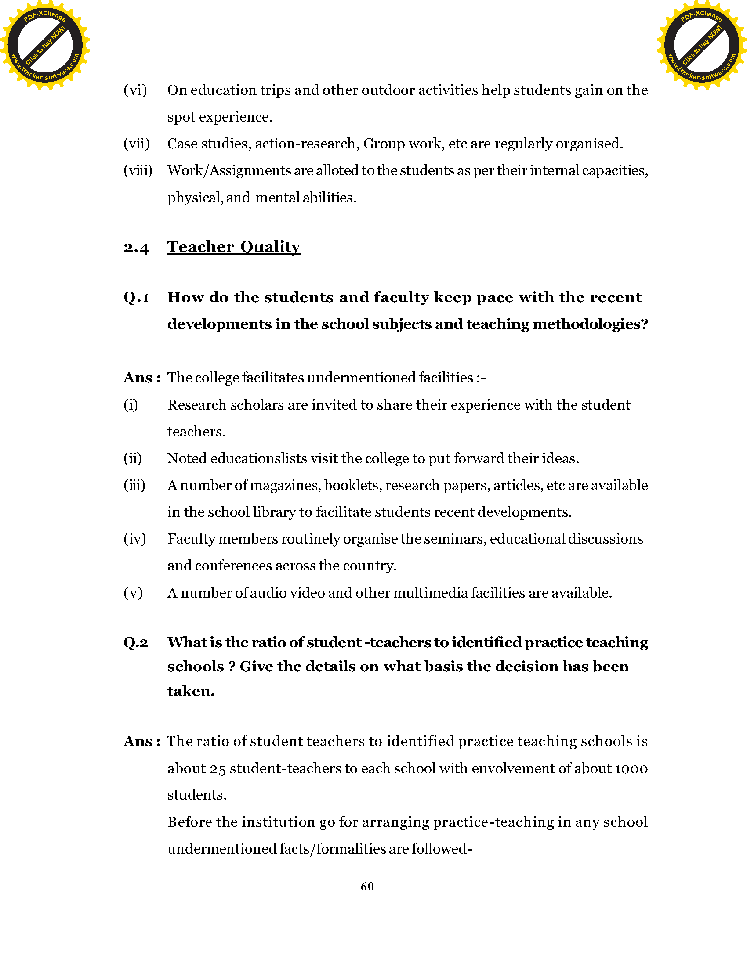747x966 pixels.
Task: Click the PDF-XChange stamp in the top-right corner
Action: click(x=701, y=45)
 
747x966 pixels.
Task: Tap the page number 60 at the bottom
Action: click(x=367, y=887)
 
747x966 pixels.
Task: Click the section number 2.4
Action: click(x=136, y=248)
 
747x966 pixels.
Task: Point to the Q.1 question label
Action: click(x=136, y=298)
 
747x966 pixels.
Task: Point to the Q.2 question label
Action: click(x=136, y=643)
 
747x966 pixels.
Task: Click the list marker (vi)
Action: click(x=135, y=90)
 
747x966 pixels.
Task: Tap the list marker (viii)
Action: click(x=138, y=171)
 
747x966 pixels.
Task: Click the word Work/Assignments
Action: click(x=229, y=171)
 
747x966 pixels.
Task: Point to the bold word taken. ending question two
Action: click(x=191, y=691)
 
